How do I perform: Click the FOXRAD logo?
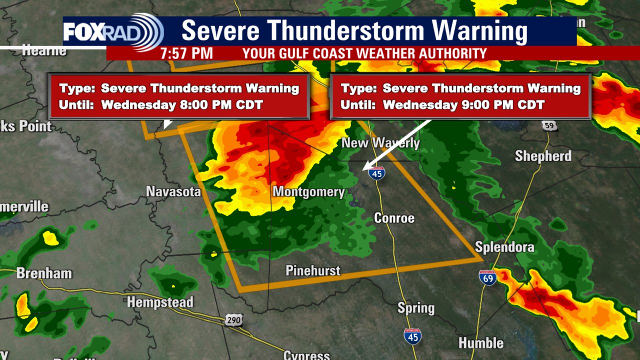tap(113, 32)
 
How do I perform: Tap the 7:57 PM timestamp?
tap(186, 53)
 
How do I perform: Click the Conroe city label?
tap(394, 218)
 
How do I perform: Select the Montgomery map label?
tap(308, 192)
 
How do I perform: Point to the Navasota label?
tap(173, 191)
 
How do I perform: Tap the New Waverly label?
tap(380, 143)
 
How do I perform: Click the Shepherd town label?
tap(543, 156)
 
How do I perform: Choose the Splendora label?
tap(504, 247)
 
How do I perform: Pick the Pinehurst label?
tap(313, 271)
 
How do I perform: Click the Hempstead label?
tap(160, 302)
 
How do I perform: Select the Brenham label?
tap(44, 273)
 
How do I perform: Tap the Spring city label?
tap(416, 308)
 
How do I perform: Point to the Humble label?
tap(481, 343)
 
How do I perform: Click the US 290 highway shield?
tap(233, 320)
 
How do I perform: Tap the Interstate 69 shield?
tap(487, 277)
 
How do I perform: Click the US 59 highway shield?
tap(549, 125)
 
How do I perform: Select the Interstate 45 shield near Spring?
tap(412, 336)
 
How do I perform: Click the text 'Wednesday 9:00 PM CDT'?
tap(463, 105)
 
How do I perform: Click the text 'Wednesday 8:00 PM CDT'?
tap(182, 105)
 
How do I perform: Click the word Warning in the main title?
tap(479, 31)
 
